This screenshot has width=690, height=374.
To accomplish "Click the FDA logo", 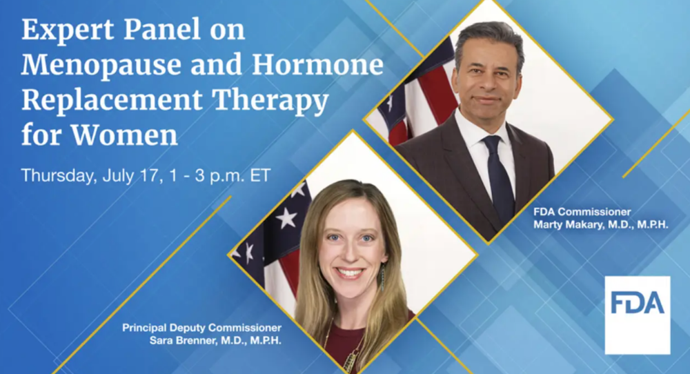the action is [x=637, y=315].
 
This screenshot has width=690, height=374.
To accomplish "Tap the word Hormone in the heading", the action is [x=317, y=63].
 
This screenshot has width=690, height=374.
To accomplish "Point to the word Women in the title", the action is [x=124, y=135].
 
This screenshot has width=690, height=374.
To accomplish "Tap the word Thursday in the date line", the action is [x=59, y=175].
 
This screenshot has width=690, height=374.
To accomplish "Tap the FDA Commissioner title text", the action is [x=582, y=212].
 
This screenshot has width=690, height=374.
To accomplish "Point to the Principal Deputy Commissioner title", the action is [x=202, y=328].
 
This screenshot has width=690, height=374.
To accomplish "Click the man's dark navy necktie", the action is [x=499, y=177].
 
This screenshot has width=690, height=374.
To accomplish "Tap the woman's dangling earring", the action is [x=383, y=277].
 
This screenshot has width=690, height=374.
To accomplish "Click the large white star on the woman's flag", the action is [x=286, y=218].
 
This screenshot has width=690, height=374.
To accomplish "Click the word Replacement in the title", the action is [x=112, y=100].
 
